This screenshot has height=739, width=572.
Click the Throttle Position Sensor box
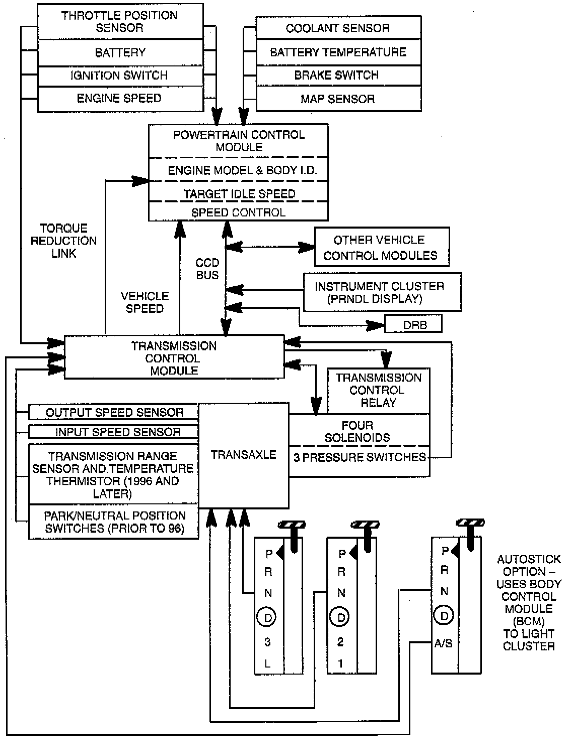pos(119,22)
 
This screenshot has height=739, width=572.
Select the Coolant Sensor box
pos(338,28)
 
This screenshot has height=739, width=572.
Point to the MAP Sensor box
pos(338,99)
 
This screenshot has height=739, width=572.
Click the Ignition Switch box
pos(119,76)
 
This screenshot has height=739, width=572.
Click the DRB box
pos(414,325)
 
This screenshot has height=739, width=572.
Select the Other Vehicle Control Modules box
pos(381,247)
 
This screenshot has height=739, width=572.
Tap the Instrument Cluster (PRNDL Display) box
pos(381,292)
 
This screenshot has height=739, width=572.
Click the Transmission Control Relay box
pos(379,390)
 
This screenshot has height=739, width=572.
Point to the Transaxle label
pos(244,455)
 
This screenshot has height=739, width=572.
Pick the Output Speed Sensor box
pos(114,412)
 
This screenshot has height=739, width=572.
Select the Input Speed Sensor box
pos(117,432)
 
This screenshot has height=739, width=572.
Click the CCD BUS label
pos(207,269)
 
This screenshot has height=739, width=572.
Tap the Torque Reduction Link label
pos(64,241)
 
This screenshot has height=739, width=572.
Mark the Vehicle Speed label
pos(145,302)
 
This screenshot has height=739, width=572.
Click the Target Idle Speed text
pos(239,194)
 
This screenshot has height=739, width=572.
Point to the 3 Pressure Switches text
pos(360,458)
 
